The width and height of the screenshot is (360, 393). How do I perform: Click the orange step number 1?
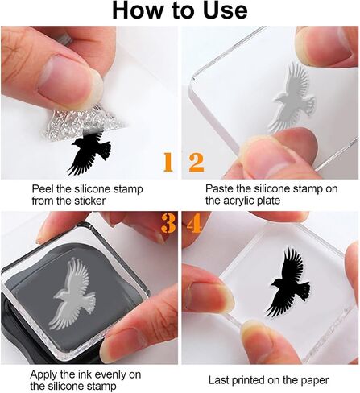(x=168, y=162)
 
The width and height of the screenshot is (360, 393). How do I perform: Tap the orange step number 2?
(x=197, y=162)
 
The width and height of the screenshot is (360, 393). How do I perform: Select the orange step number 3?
(x=168, y=223)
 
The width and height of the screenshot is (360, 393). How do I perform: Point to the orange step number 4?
(x=194, y=223)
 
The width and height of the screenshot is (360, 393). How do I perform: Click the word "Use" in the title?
(x=225, y=10)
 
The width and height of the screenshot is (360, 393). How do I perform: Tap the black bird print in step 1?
(x=89, y=152)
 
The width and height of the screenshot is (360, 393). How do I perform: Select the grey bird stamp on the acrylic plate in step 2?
(x=293, y=97)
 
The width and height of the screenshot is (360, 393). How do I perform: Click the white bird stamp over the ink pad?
(x=72, y=293)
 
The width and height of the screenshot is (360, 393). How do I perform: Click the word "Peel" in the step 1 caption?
(x=43, y=189)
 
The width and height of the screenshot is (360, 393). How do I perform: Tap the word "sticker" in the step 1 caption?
(x=89, y=201)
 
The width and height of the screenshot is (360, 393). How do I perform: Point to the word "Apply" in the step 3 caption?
(x=43, y=375)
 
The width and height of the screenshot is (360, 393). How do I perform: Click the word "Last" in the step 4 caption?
(x=218, y=380)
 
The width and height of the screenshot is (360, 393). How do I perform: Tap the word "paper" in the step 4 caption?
(x=315, y=381)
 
